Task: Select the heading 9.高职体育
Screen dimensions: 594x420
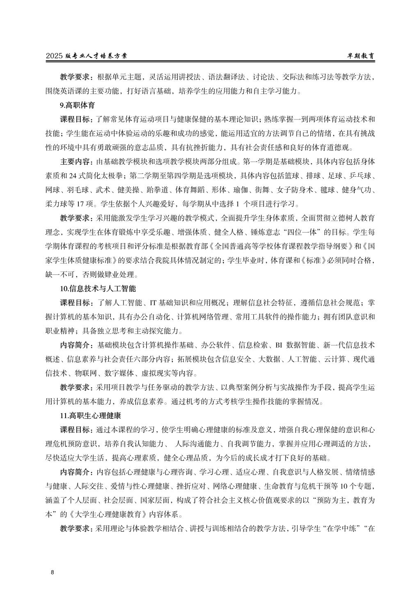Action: click(x=77, y=105)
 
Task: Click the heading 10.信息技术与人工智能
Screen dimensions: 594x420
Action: click(x=98, y=288)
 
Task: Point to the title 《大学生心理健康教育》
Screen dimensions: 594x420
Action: click(x=110, y=514)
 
